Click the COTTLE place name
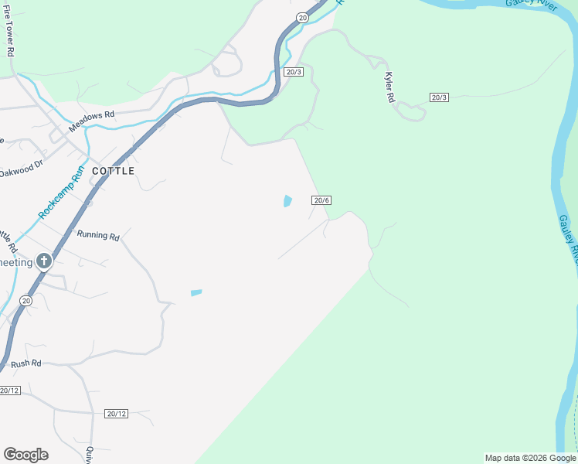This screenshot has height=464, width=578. (x=113, y=171)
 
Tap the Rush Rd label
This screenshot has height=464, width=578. (x=25, y=363)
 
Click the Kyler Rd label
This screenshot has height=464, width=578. (x=389, y=88)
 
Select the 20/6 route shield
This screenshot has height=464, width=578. (x=321, y=200)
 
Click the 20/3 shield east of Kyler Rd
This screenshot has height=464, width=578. (x=439, y=97)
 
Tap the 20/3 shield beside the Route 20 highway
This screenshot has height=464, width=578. (x=293, y=72)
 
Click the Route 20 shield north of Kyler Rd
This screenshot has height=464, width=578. (x=301, y=17)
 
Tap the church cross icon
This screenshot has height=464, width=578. (x=44, y=261)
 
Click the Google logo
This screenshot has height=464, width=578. (x=25, y=455)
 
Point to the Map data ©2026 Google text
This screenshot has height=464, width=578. (x=530, y=458)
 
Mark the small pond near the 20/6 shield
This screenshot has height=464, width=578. (x=287, y=201)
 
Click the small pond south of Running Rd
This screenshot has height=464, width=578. (x=196, y=293)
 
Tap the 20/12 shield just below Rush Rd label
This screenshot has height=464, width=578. (x=8, y=391)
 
